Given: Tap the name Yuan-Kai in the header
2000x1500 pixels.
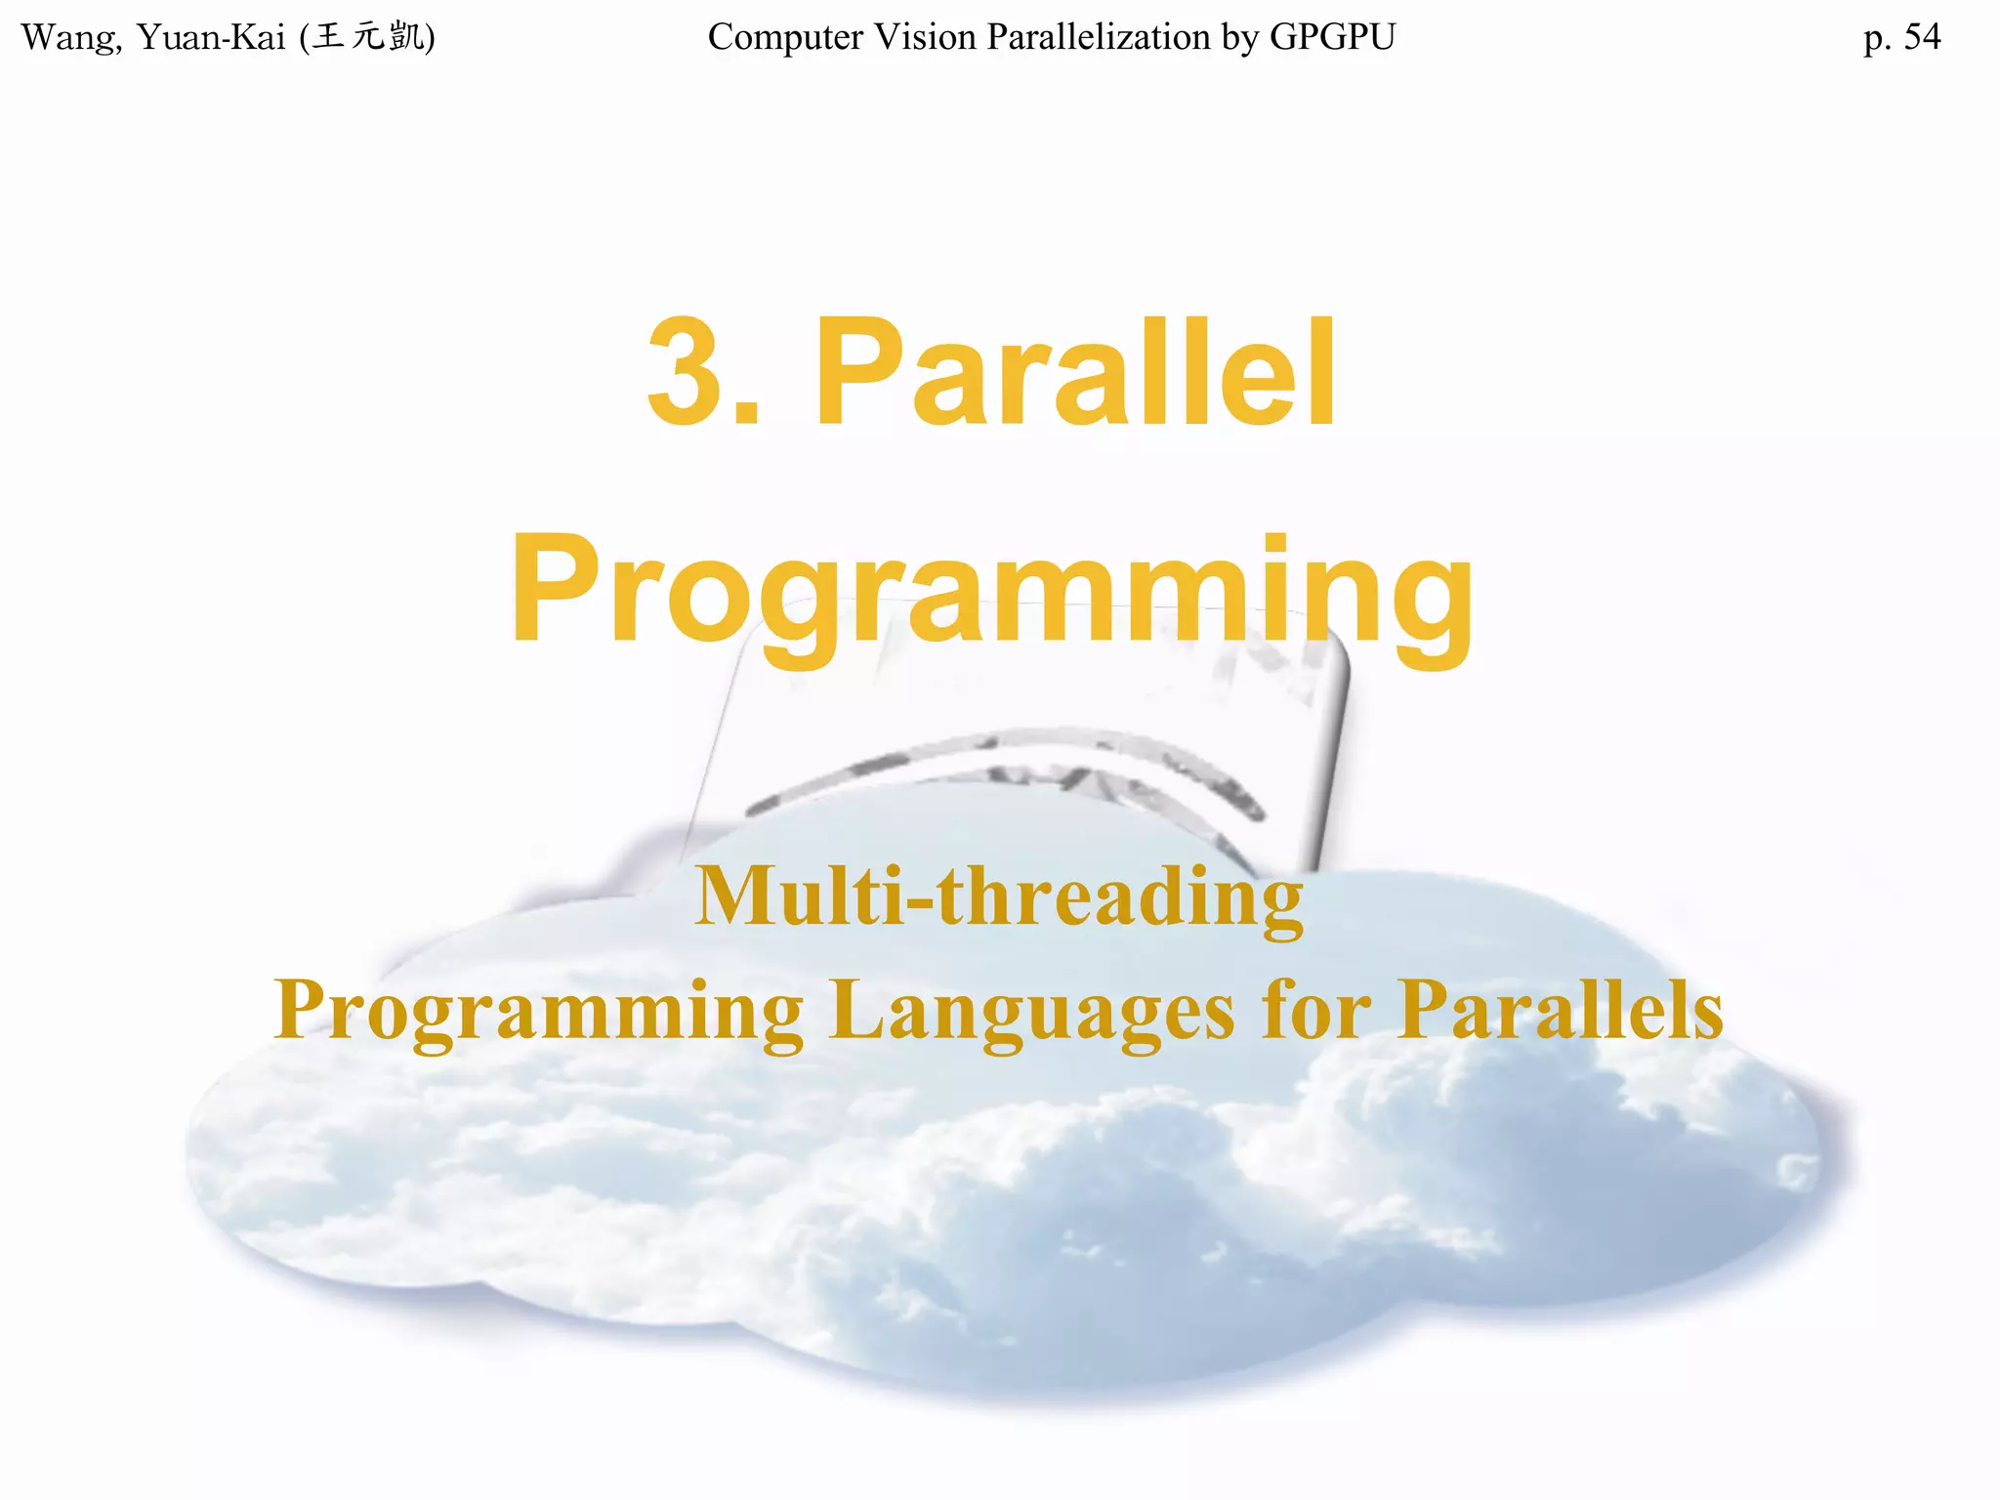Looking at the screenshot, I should coord(210,38).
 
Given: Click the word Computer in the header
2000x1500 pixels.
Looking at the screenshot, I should coord(785,38).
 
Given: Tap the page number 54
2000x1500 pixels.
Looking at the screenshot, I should coord(1922,38).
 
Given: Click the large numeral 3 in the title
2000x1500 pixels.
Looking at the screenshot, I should coord(688,373).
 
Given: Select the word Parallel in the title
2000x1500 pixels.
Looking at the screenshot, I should coord(1074,373).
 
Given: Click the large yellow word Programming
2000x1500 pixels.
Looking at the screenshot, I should coord(991,591).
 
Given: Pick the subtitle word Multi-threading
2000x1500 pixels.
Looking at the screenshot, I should coord(998,896).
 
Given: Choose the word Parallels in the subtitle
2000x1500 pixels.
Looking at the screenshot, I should coord(1560,1011).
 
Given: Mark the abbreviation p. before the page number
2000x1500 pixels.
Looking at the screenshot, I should coord(1877,38).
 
